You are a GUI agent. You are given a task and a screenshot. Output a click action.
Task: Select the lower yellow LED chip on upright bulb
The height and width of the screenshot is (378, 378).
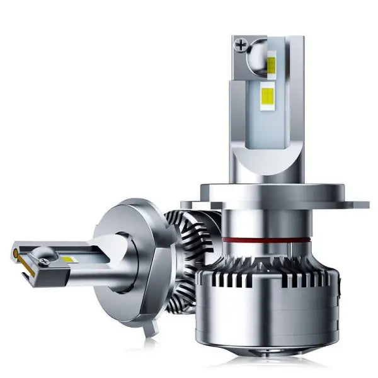click(267, 96)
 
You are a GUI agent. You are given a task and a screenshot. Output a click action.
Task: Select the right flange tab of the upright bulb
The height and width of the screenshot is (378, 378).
click(357, 203)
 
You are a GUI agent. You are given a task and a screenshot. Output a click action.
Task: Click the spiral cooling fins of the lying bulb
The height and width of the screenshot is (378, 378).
click(183, 252)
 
